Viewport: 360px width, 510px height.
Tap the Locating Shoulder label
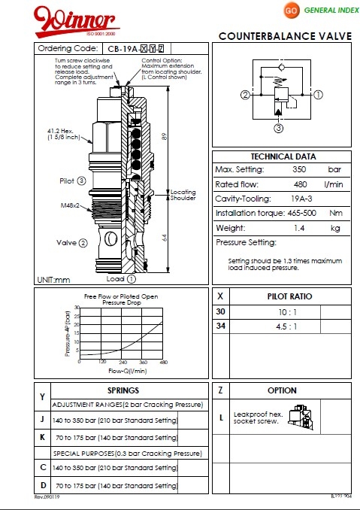click(183, 195)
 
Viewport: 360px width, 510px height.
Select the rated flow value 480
click(299, 184)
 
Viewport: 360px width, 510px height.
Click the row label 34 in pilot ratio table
click(220, 326)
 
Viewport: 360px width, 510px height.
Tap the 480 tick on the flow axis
click(162, 362)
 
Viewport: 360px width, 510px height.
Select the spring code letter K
click(42, 437)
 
